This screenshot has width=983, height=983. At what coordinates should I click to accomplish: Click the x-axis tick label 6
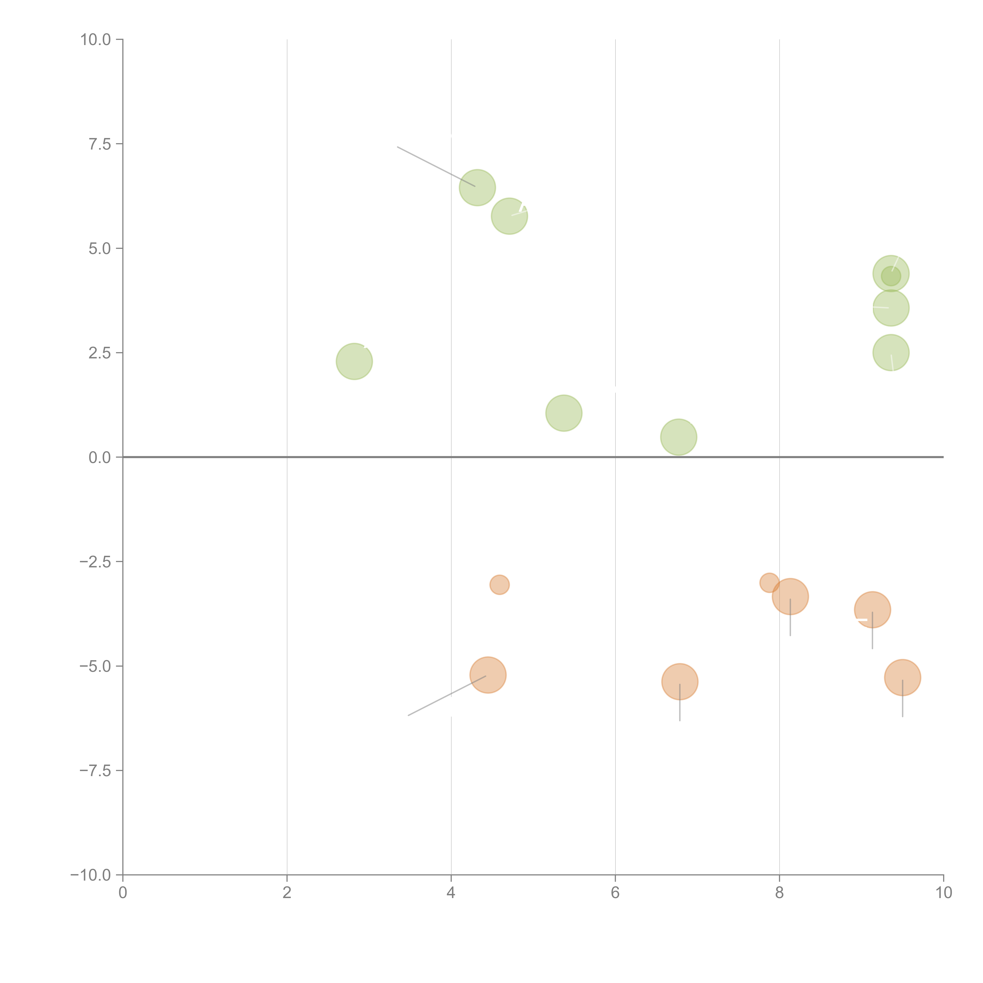click(615, 893)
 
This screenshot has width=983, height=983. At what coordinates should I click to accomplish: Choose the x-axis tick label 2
click(287, 893)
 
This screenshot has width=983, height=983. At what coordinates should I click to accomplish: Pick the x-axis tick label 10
click(943, 893)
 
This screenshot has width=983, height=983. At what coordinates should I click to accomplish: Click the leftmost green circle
click(354, 361)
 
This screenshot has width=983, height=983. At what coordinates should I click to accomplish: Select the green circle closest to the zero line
click(679, 437)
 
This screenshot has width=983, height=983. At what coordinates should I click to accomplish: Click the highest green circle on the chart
click(477, 187)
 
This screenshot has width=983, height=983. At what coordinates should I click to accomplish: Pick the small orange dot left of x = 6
click(500, 585)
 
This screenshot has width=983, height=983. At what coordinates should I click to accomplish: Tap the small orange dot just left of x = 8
click(769, 583)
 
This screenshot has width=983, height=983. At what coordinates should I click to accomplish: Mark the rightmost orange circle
click(903, 677)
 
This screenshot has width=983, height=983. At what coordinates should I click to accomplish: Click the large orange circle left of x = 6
click(488, 675)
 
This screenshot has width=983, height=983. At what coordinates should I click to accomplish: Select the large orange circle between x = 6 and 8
click(680, 682)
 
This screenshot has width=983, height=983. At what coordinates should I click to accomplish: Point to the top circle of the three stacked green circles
click(891, 274)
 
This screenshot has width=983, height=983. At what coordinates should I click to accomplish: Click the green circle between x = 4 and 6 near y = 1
click(564, 413)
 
